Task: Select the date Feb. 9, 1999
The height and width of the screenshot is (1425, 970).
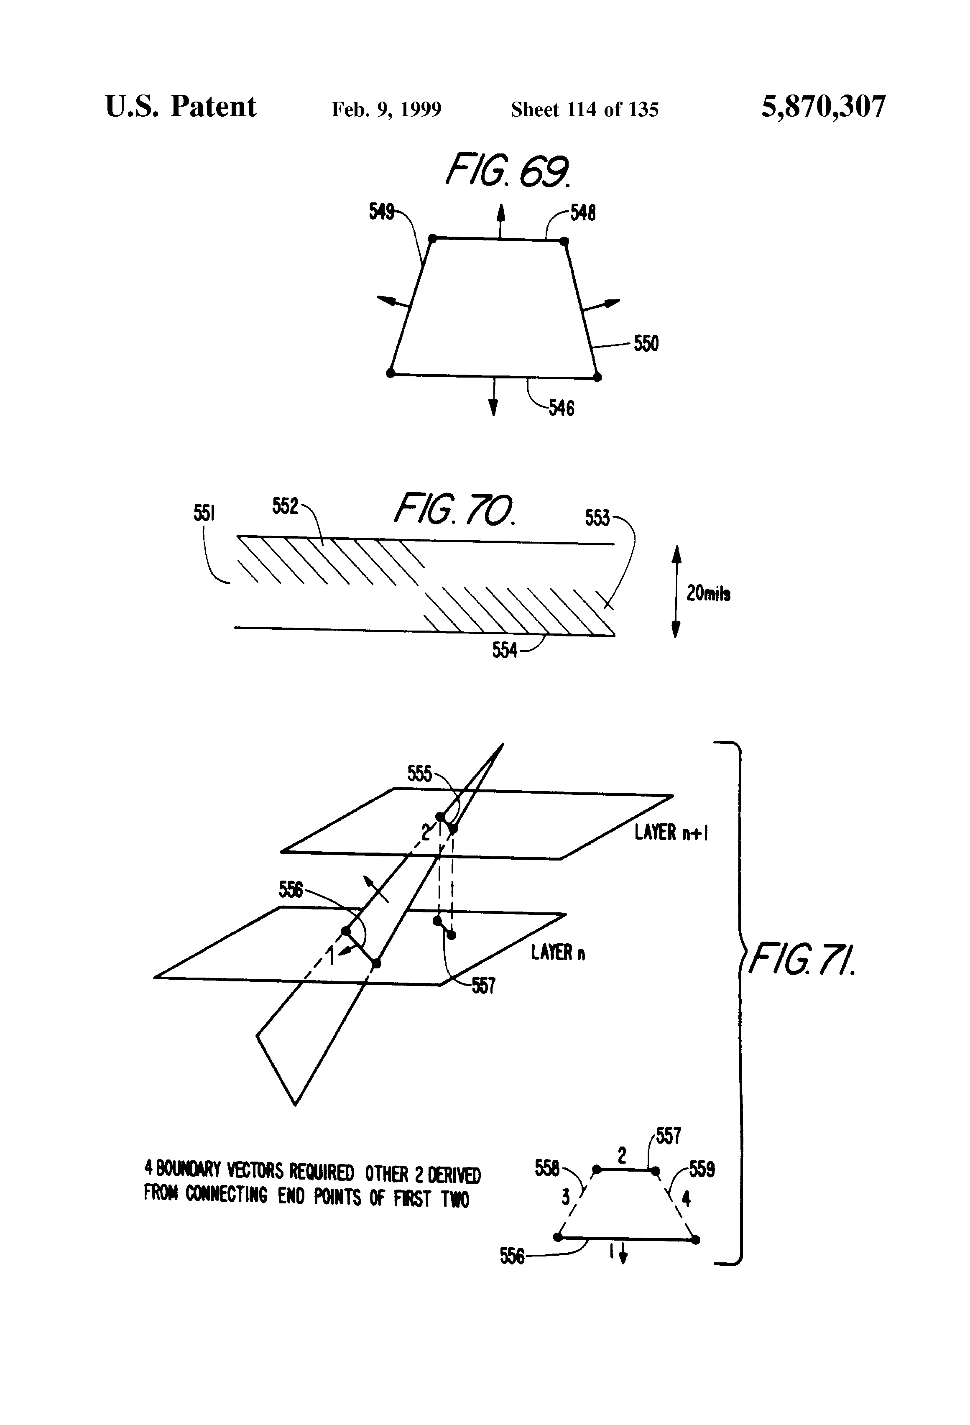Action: point(386,110)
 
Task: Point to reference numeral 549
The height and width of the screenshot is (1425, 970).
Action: point(381,212)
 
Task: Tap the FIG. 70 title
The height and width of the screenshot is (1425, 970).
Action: point(454,510)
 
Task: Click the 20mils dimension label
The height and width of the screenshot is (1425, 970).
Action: point(708,594)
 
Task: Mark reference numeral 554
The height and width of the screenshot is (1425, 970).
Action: point(505,650)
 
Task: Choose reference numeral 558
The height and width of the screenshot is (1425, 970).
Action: point(546,1168)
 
